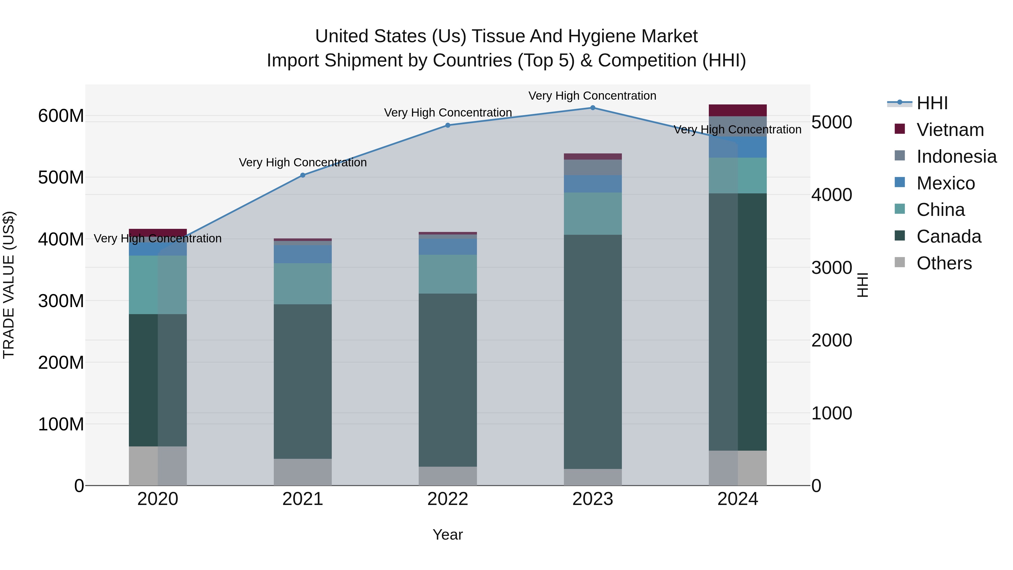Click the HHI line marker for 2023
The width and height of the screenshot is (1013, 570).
pos(593,108)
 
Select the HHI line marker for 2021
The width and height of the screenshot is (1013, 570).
pos(303,175)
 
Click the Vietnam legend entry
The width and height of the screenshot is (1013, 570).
pos(950,130)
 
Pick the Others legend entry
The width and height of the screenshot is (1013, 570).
pos(944,263)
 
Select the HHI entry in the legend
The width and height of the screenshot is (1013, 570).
pos(932,103)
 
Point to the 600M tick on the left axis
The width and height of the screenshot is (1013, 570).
pos(61,116)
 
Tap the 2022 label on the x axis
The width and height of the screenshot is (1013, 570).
pos(447,499)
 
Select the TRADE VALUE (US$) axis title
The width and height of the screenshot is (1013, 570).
pos(9,285)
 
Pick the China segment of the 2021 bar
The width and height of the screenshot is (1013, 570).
pos(303,284)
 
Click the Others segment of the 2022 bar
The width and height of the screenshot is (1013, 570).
pos(447,476)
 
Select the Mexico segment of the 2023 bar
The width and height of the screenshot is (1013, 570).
pos(593,184)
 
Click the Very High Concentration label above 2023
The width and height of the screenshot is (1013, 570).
pos(592,96)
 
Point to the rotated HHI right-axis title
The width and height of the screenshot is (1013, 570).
pos(863,285)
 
